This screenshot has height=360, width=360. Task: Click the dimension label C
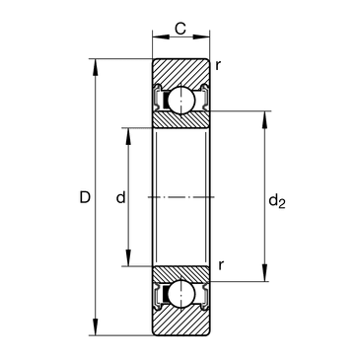(x=180, y=29)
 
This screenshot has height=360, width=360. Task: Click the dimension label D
(x=85, y=197)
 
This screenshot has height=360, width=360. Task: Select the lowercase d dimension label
(x=121, y=197)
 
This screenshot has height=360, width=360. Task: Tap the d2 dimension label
(x=277, y=201)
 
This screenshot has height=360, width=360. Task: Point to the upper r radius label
(x=218, y=66)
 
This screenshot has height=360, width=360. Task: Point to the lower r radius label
(x=221, y=265)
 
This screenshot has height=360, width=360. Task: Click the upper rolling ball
(x=180, y=100)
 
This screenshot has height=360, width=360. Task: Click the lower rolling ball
(x=180, y=295)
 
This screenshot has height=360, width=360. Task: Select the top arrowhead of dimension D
(x=96, y=67)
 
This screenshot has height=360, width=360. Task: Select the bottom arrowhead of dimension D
(x=96, y=327)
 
